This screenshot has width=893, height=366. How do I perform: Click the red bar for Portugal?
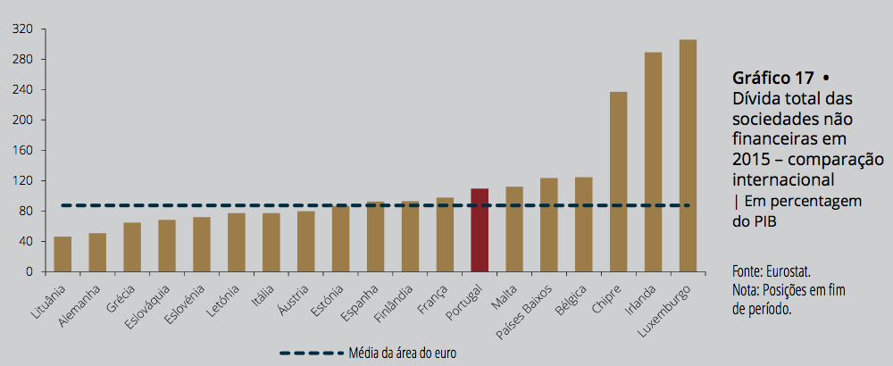480,230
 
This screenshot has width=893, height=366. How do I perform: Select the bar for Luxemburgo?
688,156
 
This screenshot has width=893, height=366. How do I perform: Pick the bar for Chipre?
618,182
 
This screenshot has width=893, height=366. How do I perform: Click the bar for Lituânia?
63,254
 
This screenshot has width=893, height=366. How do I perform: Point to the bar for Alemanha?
97,253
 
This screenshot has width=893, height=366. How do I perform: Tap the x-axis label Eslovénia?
188,304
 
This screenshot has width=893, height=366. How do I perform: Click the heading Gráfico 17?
772,78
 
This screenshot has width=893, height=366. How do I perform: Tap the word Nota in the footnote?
747,290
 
